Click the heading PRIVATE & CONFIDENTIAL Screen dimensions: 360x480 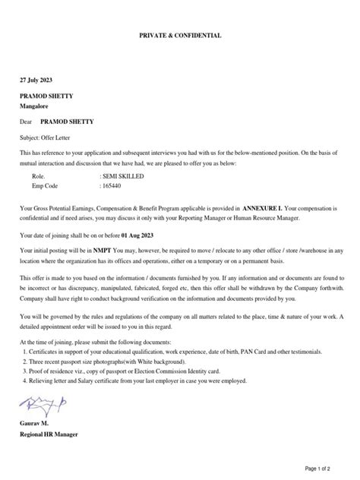[179, 36]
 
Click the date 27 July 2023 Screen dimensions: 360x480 [37, 80]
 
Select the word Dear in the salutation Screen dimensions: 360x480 [26, 121]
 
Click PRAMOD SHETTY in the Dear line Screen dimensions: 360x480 [68, 121]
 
